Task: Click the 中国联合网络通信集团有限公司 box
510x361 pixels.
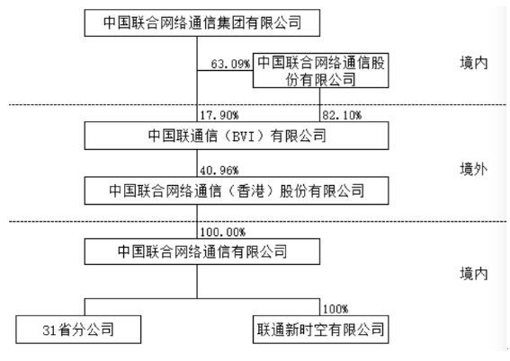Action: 202,22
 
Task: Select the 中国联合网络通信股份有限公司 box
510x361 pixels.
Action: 321,70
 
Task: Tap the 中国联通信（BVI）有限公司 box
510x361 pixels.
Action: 237,136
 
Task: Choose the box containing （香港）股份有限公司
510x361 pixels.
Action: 237,190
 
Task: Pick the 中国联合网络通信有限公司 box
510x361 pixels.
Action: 202,251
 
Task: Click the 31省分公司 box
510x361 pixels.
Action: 78,330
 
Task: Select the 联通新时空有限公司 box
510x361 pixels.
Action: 321,330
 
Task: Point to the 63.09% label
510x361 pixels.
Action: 230,64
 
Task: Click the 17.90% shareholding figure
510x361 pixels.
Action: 219,115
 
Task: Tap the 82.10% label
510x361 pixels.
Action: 342,115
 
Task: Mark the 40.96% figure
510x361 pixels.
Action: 219,171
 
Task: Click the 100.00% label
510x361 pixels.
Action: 223,232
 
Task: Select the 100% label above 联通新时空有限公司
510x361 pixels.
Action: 336,309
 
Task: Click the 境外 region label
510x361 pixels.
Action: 473,169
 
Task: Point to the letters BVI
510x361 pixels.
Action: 244,136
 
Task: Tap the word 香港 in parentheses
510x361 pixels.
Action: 250,190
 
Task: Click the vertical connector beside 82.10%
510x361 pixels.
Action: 319,105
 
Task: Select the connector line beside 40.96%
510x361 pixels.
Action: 197,163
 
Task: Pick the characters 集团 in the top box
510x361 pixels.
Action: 230,22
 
